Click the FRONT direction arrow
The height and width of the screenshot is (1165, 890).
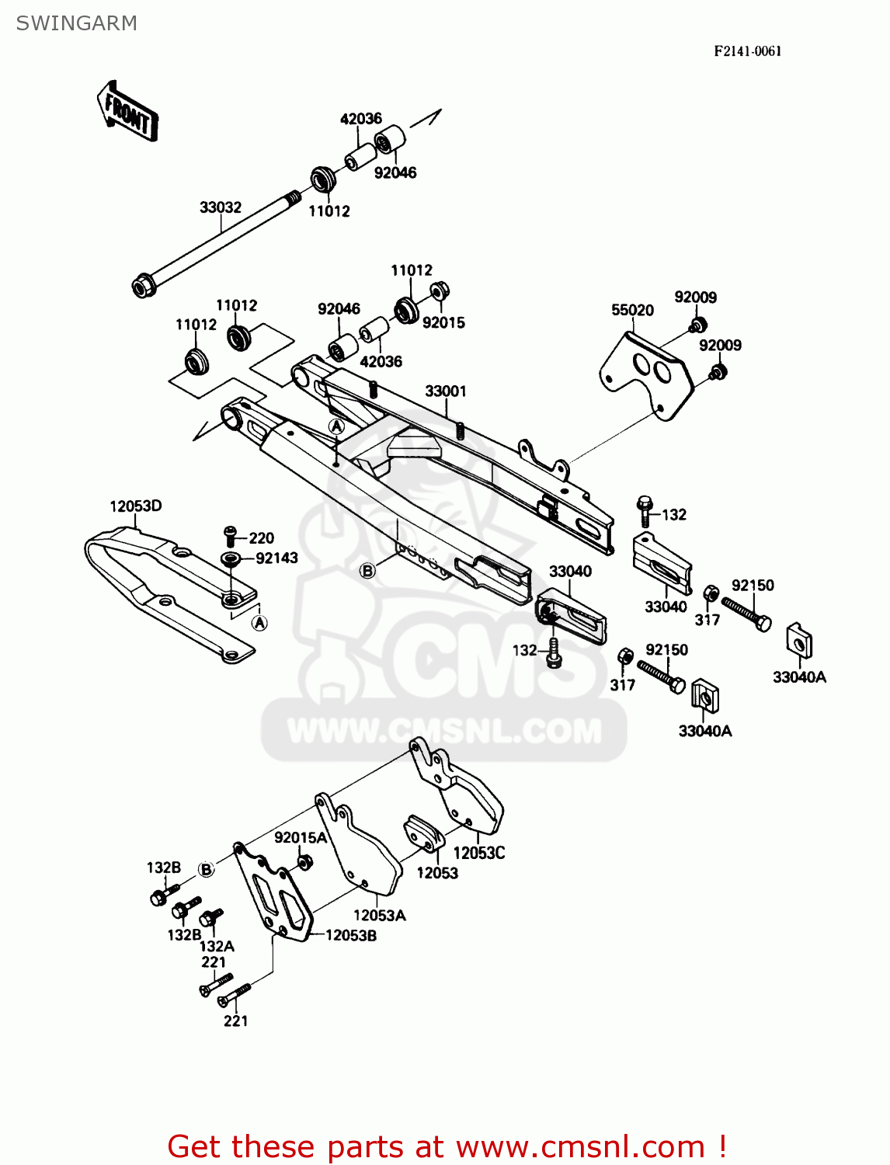tap(127, 112)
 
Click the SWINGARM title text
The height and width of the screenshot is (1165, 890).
tap(76, 23)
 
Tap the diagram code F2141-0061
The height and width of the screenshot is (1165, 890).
tap(747, 51)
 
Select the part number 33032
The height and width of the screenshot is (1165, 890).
tap(220, 207)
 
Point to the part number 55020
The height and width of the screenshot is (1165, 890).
tap(632, 310)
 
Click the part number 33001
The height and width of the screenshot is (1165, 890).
tap(445, 391)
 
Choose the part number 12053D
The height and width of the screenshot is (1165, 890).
tap(135, 506)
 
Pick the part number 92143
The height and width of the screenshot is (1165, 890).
tap(276, 558)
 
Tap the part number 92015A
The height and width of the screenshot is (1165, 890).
tap(300, 837)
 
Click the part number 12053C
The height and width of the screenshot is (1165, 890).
tap(478, 853)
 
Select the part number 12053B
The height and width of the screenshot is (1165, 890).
tap(351, 936)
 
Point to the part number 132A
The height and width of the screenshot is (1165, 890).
tap(217, 946)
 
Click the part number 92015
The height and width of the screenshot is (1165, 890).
tap(443, 322)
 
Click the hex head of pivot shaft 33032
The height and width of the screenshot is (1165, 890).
tap(142, 287)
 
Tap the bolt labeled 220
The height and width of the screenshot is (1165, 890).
tap(230, 534)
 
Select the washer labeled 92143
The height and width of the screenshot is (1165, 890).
tap(231, 558)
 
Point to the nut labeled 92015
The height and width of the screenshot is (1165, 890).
tap(439, 290)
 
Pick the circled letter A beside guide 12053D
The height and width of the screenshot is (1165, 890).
tap(260, 623)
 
